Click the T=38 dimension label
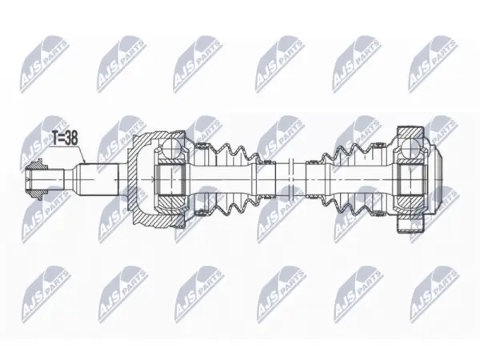[x=64, y=138]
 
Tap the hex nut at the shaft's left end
[x=37, y=180]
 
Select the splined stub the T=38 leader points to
[x=98, y=179]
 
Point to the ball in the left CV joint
[x=171, y=147]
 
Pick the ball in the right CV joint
[x=410, y=147]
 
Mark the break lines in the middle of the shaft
[x=291, y=179]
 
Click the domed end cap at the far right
[x=434, y=179]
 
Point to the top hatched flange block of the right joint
[x=411, y=132]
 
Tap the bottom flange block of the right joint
[x=411, y=226]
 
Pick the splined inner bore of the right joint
[x=411, y=179]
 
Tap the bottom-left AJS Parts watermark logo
[x=46, y=294]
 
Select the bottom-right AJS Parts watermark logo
[x=434, y=294]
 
